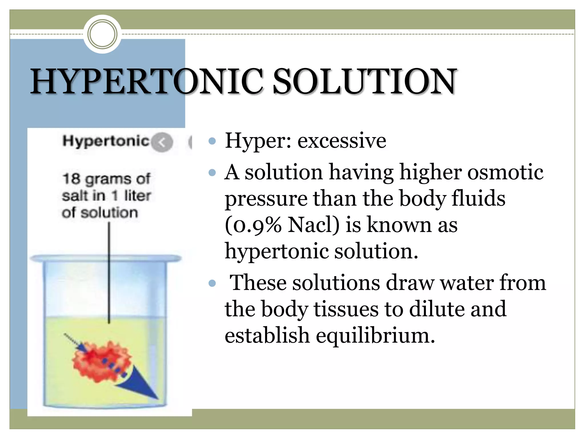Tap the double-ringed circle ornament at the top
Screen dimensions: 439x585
[102, 34]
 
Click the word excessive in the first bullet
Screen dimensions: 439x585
[342, 141]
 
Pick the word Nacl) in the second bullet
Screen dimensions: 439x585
[313, 225]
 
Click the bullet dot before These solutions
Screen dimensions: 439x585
[212, 283]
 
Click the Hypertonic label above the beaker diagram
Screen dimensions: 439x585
[106, 141]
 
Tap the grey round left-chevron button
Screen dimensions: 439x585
[162, 142]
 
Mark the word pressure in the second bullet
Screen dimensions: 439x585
[266, 199]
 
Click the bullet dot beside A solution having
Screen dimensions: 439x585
[212, 172]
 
